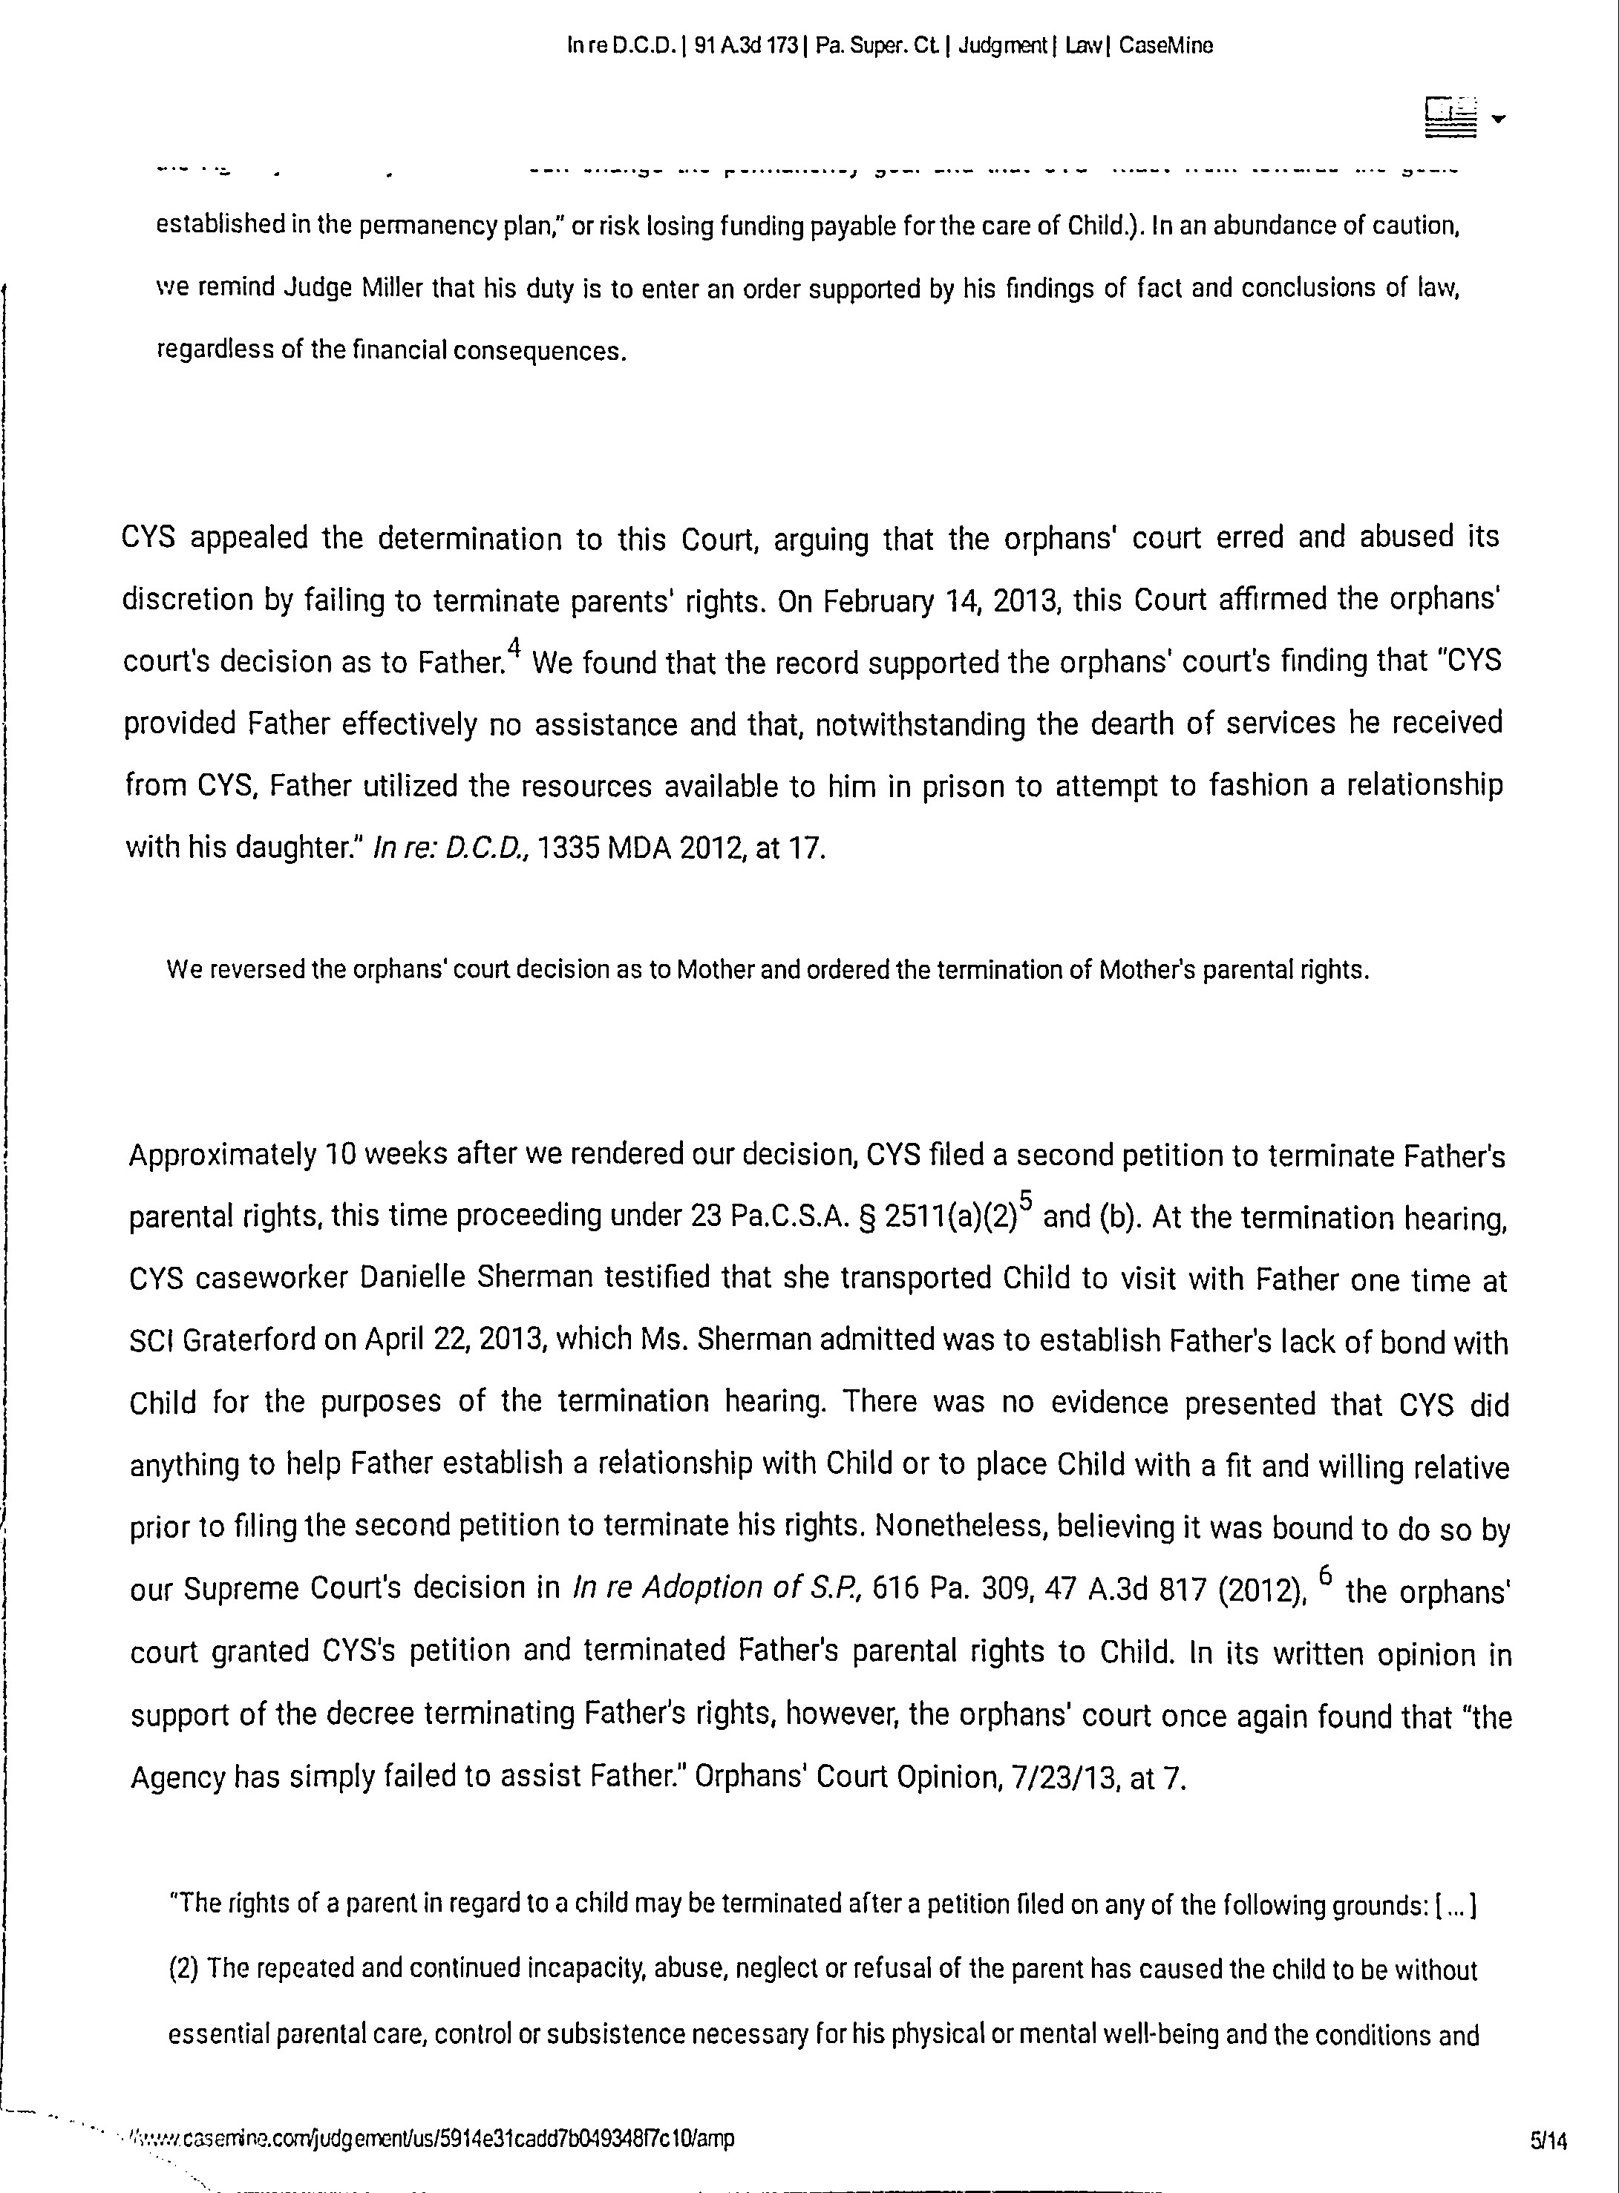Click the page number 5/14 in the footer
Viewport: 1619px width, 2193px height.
(1548, 2141)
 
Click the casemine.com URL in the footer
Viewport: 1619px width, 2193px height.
(431, 2137)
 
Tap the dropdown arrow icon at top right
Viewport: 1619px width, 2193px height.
(1497, 119)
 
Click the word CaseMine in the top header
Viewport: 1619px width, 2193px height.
(1165, 45)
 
